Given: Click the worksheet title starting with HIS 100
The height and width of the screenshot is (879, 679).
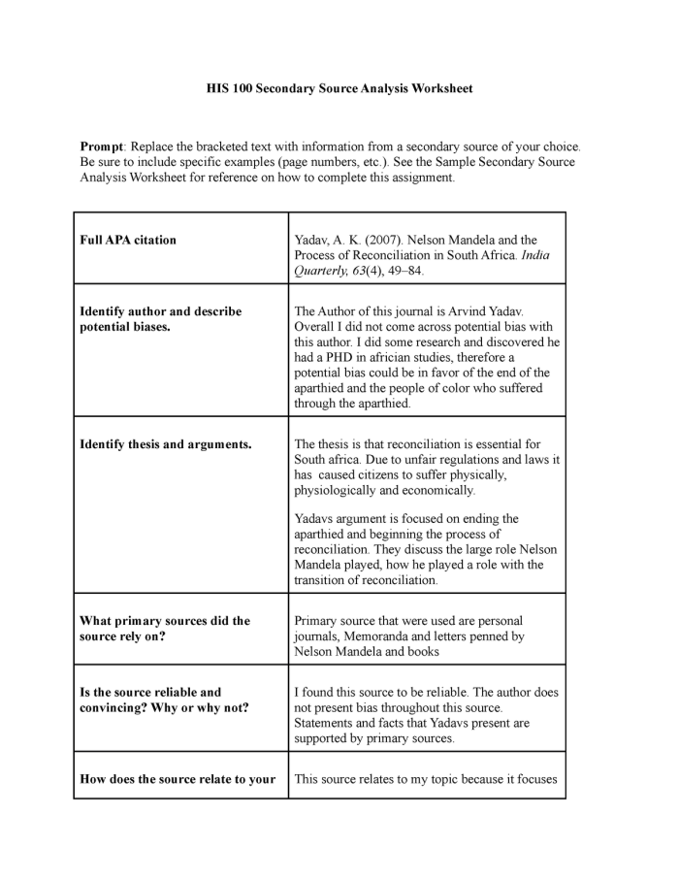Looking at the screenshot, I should pyautogui.click(x=339, y=88).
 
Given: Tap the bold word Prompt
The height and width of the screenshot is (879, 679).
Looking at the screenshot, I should pyautogui.click(x=102, y=146).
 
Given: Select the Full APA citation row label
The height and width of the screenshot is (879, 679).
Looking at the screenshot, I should pyautogui.click(x=128, y=240).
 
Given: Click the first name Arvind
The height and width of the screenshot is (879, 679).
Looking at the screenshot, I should pyautogui.click(x=468, y=311).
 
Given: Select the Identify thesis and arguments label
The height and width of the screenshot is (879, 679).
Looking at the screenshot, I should pyautogui.click(x=166, y=444).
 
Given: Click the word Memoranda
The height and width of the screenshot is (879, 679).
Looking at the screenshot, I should pyautogui.click(x=380, y=636).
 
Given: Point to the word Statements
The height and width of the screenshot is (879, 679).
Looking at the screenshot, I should pyautogui.click(x=327, y=723).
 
